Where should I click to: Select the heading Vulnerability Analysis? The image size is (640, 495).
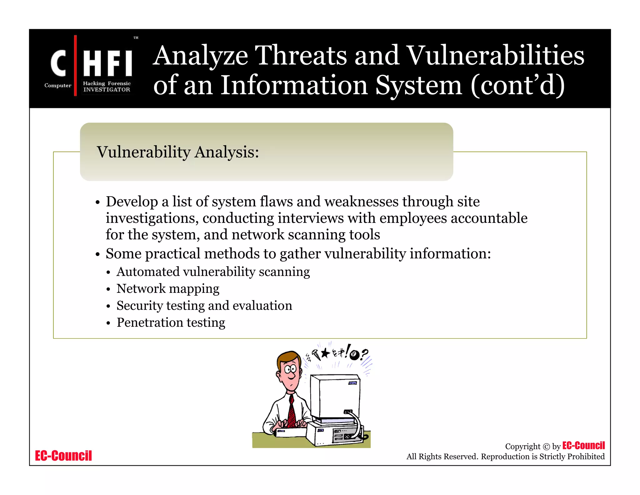[x=178, y=152]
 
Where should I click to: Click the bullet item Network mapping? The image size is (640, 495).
[x=168, y=288]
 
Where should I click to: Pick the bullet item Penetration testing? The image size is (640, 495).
[x=171, y=322]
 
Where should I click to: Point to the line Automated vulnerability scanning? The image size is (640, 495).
[x=213, y=272]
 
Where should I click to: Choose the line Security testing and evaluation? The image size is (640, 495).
[x=204, y=305]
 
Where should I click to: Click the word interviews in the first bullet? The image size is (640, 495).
[x=311, y=218]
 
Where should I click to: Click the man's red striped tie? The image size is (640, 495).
[x=292, y=411]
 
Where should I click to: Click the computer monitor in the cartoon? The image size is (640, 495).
[x=335, y=397]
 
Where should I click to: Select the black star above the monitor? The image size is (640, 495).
[x=325, y=353]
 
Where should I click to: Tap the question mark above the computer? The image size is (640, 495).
[x=364, y=355]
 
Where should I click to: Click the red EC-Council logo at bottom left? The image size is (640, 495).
[x=63, y=456]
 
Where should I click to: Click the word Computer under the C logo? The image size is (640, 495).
[x=58, y=85]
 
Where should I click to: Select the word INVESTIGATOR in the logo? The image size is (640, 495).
[x=107, y=89]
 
